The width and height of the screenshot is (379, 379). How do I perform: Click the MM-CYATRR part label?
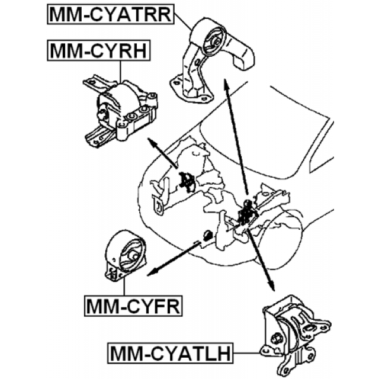pos(110,14)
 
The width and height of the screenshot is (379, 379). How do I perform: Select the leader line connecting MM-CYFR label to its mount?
pos(124,289)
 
